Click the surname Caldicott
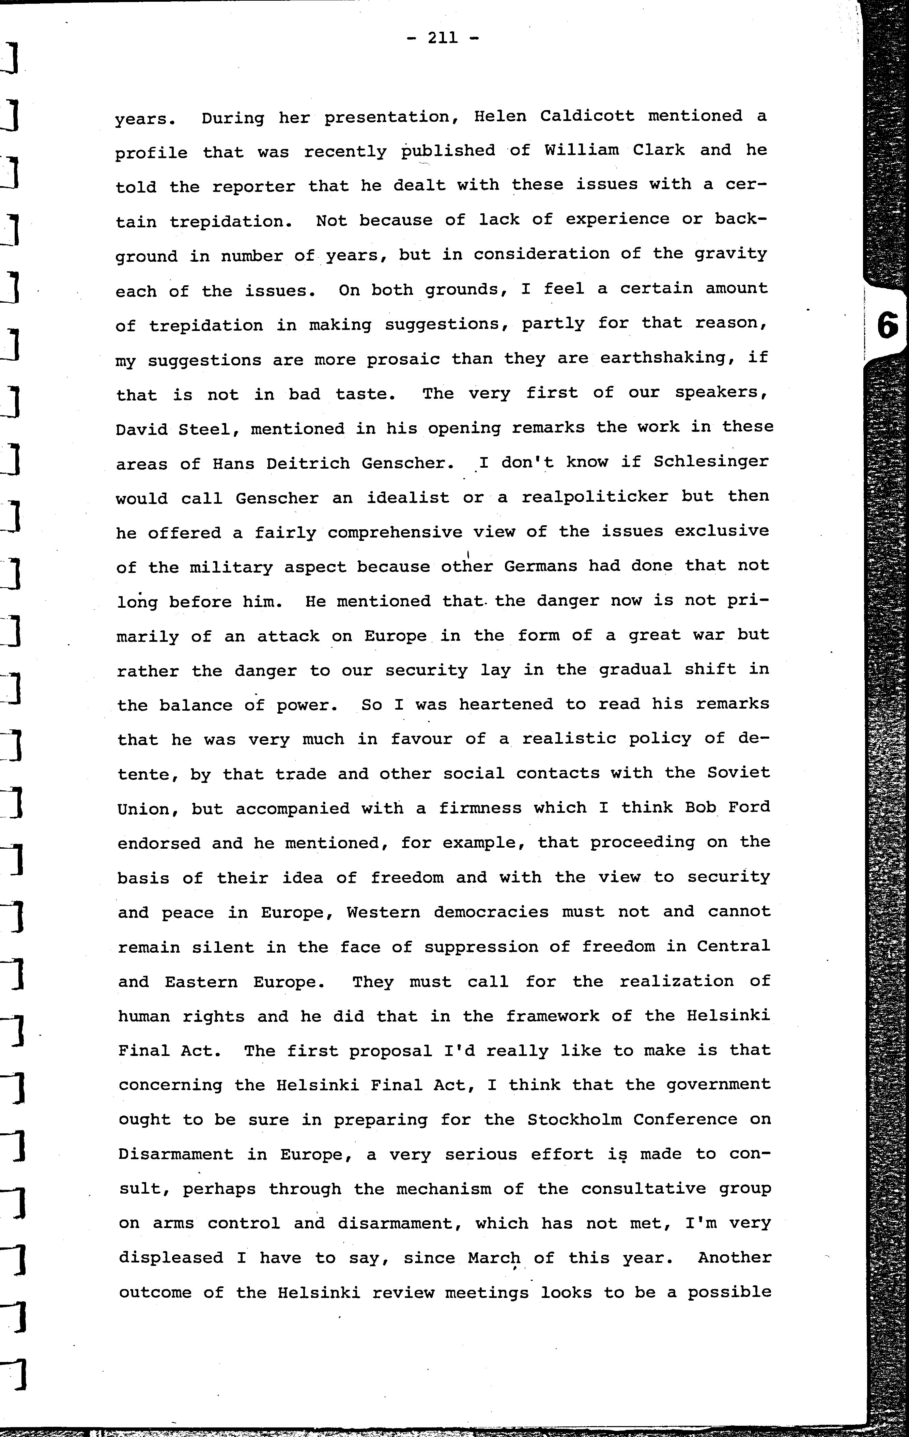pyautogui.click(x=587, y=116)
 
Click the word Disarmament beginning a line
pyautogui.click(x=175, y=1155)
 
